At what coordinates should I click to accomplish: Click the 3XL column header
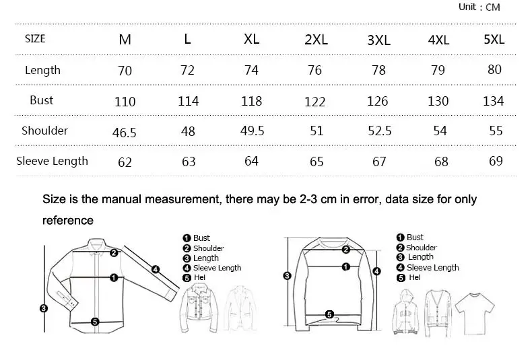[x=378, y=40]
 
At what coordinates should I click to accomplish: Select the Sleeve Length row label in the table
[x=52, y=161]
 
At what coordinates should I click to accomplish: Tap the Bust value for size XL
[x=251, y=101]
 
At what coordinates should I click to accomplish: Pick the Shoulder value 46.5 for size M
[x=124, y=132]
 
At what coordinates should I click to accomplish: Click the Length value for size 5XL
[x=494, y=69]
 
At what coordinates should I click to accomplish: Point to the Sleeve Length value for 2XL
[x=317, y=161]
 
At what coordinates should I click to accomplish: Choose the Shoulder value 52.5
[x=380, y=131]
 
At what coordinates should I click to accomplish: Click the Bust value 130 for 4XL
[x=438, y=101]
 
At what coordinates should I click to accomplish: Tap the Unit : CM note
[x=479, y=7]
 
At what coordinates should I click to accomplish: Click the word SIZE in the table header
[x=35, y=38]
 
